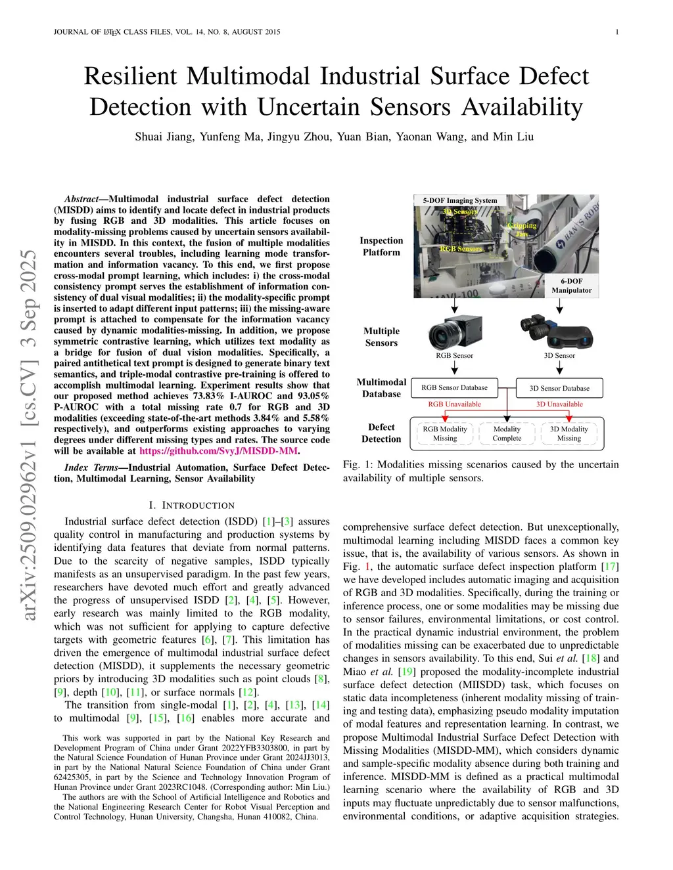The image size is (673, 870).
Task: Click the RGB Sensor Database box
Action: (454, 387)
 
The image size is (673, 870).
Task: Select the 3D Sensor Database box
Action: (559, 388)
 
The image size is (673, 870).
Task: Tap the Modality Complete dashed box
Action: (507, 433)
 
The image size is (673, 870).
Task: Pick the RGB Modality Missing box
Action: (445, 433)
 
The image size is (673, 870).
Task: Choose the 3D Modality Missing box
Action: (569, 433)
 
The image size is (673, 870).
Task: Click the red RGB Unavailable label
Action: (454, 404)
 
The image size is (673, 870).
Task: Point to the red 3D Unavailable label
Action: (559, 404)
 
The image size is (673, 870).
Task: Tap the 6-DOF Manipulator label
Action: (571, 286)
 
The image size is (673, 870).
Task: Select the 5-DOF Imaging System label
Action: (459, 200)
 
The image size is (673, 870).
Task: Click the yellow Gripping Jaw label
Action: (522, 229)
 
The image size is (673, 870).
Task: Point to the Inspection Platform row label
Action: (381, 246)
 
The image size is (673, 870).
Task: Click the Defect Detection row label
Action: (381, 433)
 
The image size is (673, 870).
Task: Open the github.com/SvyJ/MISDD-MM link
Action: (219, 451)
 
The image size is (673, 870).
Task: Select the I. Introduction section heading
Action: (191, 505)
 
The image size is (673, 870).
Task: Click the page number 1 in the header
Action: (617, 32)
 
